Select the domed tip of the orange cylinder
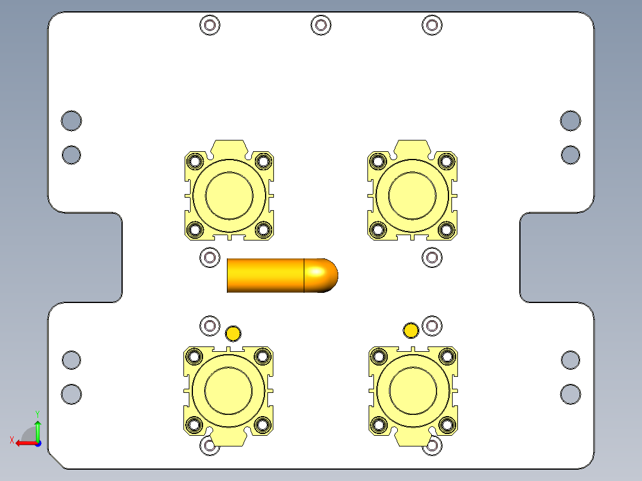click(322, 276)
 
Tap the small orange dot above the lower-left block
click(233, 333)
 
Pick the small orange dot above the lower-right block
click(411, 330)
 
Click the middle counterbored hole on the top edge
click(321, 25)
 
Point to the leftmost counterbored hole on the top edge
click(210, 25)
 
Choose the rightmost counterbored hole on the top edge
click(432, 25)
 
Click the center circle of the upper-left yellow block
click(229, 195)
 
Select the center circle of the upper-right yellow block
click(412, 195)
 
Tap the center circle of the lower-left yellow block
click(229, 390)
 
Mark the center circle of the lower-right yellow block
click(412, 390)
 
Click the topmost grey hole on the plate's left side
click(71, 121)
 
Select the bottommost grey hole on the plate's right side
click(571, 394)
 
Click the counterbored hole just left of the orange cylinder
click(210, 257)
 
